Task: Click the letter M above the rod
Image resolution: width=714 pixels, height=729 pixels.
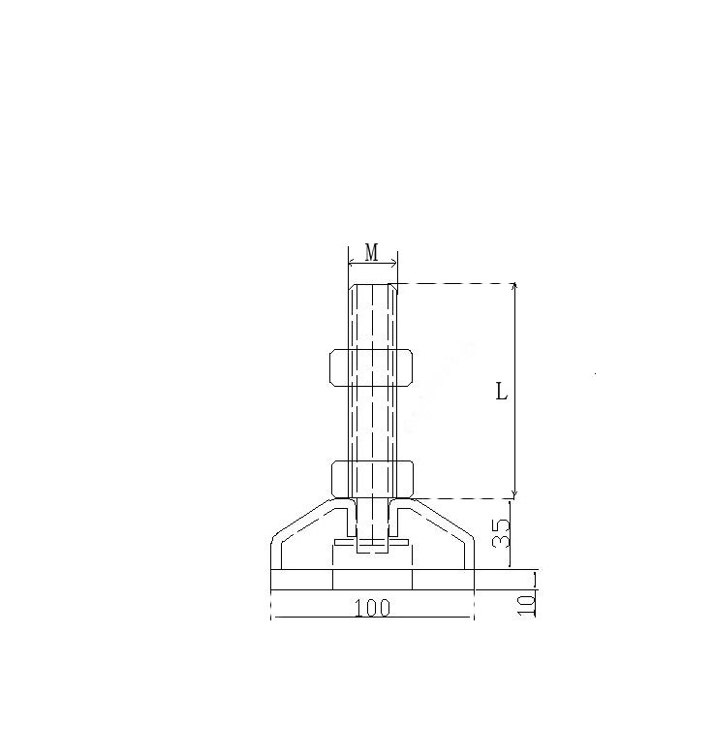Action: [x=372, y=252]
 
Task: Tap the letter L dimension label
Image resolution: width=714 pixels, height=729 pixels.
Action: [x=502, y=392]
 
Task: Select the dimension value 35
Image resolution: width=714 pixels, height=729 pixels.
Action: [x=501, y=533]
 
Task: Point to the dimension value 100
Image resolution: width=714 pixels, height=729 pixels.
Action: [x=372, y=608]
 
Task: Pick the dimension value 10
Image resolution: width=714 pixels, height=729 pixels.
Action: [x=527, y=605]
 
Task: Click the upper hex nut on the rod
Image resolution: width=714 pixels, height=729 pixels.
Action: [x=371, y=367]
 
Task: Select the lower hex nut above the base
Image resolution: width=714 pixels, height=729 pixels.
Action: [x=372, y=479]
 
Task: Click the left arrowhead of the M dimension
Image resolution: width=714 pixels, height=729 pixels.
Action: [x=352, y=264]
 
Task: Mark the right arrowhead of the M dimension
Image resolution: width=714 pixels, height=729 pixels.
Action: [x=394, y=264]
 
